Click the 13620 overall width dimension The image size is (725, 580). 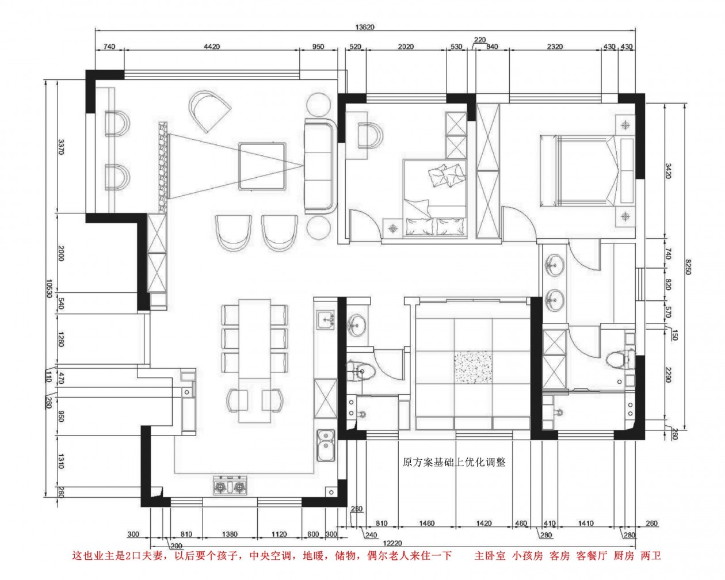pos(365,27)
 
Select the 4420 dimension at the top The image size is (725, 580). pos(212,47)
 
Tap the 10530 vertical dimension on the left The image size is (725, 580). pos(49,288)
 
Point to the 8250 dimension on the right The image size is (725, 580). pos(688,266)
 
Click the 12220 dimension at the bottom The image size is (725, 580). pos(393,544)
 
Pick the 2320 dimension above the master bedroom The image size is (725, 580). pos(555,47)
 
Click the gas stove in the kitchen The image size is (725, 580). pos(230,486)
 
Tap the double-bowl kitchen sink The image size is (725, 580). pos(326,445)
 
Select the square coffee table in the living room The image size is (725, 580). pos(262,166)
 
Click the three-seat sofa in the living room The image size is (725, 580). pos(320,166)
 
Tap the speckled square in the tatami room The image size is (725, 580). pos(472,367)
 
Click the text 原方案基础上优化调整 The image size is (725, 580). pos(454,461)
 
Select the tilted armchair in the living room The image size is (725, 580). pos(209,112)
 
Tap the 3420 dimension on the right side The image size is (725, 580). pos(667,171)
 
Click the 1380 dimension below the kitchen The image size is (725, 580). pos(230,534)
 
